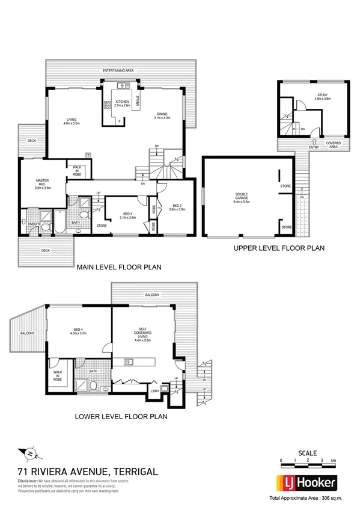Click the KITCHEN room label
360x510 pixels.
(123, 102)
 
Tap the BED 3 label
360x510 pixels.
(127, 215)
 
